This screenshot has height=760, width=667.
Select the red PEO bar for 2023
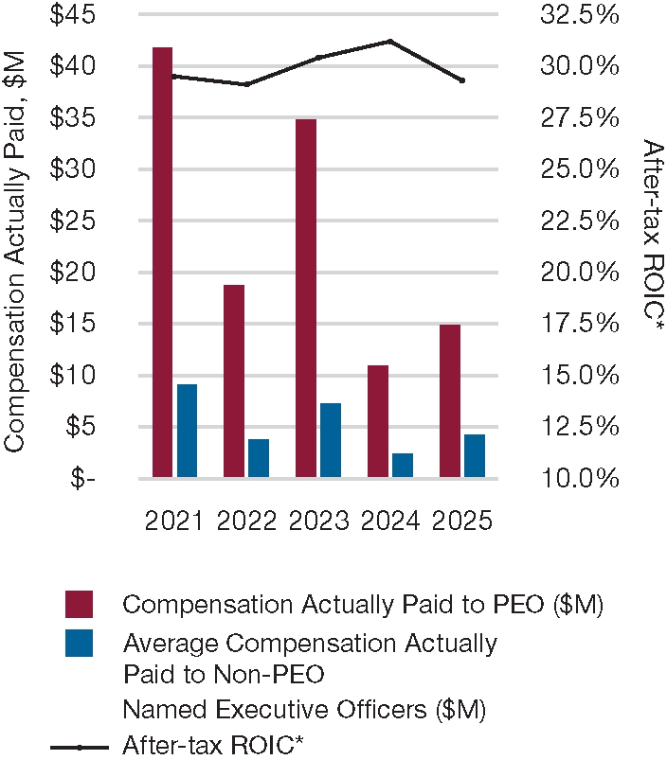pos(306,298)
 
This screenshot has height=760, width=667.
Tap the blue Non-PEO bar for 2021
pos(187,431)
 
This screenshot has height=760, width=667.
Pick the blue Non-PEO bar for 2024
pos(403,466)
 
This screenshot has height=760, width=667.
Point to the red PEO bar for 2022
pos(234,381)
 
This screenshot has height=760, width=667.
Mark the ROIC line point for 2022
pos(246,84)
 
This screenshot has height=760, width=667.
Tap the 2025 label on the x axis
pos(463,521)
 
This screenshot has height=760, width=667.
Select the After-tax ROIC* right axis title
pos(652,237)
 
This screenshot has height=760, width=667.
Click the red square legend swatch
pos(79,604)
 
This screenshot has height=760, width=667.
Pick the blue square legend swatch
pos(79,644)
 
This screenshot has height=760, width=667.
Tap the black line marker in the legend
pos(80,747)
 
